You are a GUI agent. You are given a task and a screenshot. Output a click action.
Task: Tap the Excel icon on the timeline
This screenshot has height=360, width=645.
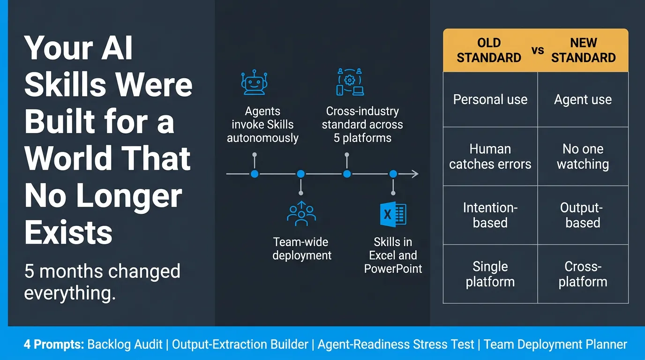tap(393, 214)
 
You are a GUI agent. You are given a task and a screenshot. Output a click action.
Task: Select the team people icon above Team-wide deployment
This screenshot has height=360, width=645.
tap(301, 214)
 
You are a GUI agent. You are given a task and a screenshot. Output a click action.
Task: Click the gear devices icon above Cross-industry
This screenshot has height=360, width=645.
tap(349, 82)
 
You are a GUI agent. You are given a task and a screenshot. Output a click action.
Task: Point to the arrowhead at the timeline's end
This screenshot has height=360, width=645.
tap(415, 174)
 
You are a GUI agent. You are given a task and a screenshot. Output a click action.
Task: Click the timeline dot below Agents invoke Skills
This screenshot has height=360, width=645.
tap(255, 174)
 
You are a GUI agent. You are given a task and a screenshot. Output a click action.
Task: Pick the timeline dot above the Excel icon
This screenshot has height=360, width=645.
tap(393, 174)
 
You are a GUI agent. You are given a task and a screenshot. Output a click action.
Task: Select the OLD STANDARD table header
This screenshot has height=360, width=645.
tap(489, 50)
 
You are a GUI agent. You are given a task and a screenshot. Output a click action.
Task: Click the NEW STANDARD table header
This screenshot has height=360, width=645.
tap(583, 50)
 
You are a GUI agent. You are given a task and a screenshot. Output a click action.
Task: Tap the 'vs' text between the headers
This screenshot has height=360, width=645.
tap(538, 50)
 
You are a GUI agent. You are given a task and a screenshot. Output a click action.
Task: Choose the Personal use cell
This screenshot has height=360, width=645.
tap(490, 99)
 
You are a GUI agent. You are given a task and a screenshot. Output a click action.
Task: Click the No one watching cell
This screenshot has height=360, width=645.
tap(583, 157)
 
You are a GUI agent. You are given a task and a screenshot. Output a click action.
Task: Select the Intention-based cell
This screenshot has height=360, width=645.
tap(490, 215)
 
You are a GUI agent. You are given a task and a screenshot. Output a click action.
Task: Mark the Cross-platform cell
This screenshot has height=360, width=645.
tap(583, 274)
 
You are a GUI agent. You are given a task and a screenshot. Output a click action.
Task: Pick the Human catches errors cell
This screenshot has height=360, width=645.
tap(490, 157)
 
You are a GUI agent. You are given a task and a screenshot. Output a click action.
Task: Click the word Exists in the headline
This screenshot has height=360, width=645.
tap(68, 232)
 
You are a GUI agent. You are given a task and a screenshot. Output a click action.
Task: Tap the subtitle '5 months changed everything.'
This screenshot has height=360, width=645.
tap(102, 282)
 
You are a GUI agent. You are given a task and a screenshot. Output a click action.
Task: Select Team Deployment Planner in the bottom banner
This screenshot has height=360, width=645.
tap(555, 345)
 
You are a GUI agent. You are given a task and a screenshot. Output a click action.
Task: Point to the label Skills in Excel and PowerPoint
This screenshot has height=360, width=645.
tap(393, 255)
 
